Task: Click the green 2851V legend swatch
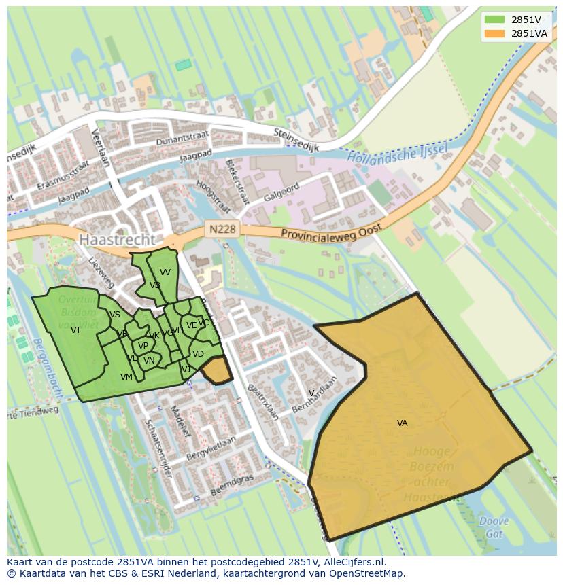(x=494, y=20)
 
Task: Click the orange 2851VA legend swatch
(x=494, y=33)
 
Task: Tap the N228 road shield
(x=222, y=229)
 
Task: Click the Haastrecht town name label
(x=116, y=240)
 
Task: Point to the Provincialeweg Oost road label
(x=331, y=231)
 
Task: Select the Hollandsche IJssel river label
(x=396, y=154)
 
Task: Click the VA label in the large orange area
(x=403, y=423)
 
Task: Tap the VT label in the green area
(x=75, y=330)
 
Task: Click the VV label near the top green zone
(x=165, y=272)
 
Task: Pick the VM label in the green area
(x=126, y=377)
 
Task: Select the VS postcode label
(x=115, y=315)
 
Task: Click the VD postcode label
(x=198, y=354)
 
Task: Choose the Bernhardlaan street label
(x=314, y=393)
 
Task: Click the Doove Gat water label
(x=493, y=528)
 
